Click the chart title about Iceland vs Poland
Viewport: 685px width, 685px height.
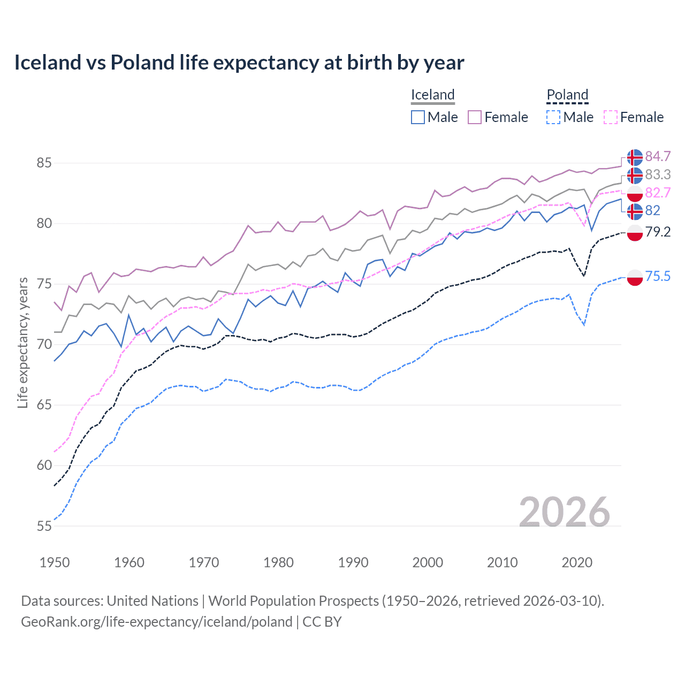pos(239,63)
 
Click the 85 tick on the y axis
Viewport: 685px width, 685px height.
pos(44,163)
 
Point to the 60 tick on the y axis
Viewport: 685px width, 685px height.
pos(44,466)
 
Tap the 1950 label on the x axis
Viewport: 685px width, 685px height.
pos(55,562)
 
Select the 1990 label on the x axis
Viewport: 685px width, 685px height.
pos(353,562)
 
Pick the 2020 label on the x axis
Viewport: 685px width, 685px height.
pos(577,562)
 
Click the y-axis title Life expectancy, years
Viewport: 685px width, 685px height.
pos(23,342)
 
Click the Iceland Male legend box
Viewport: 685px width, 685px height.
pos(418,117)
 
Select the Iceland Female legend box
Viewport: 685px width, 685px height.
pos(475,117)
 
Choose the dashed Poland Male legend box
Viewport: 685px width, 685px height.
pos(553,117)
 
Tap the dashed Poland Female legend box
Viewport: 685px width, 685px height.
pos(611,117)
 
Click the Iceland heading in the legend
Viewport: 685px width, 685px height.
pos(432,95)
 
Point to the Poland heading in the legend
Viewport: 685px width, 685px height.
pos(567,95)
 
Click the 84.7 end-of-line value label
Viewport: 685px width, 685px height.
pos(658,156)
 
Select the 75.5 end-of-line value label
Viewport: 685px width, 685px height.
pos(658,276)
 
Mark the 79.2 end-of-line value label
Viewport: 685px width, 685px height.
pos(658,232)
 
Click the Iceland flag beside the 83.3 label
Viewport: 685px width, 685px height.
pos(635,175)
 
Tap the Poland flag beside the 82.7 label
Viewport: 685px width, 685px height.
pos(635,193)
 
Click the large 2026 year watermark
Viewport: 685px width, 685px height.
pos(565,512)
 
